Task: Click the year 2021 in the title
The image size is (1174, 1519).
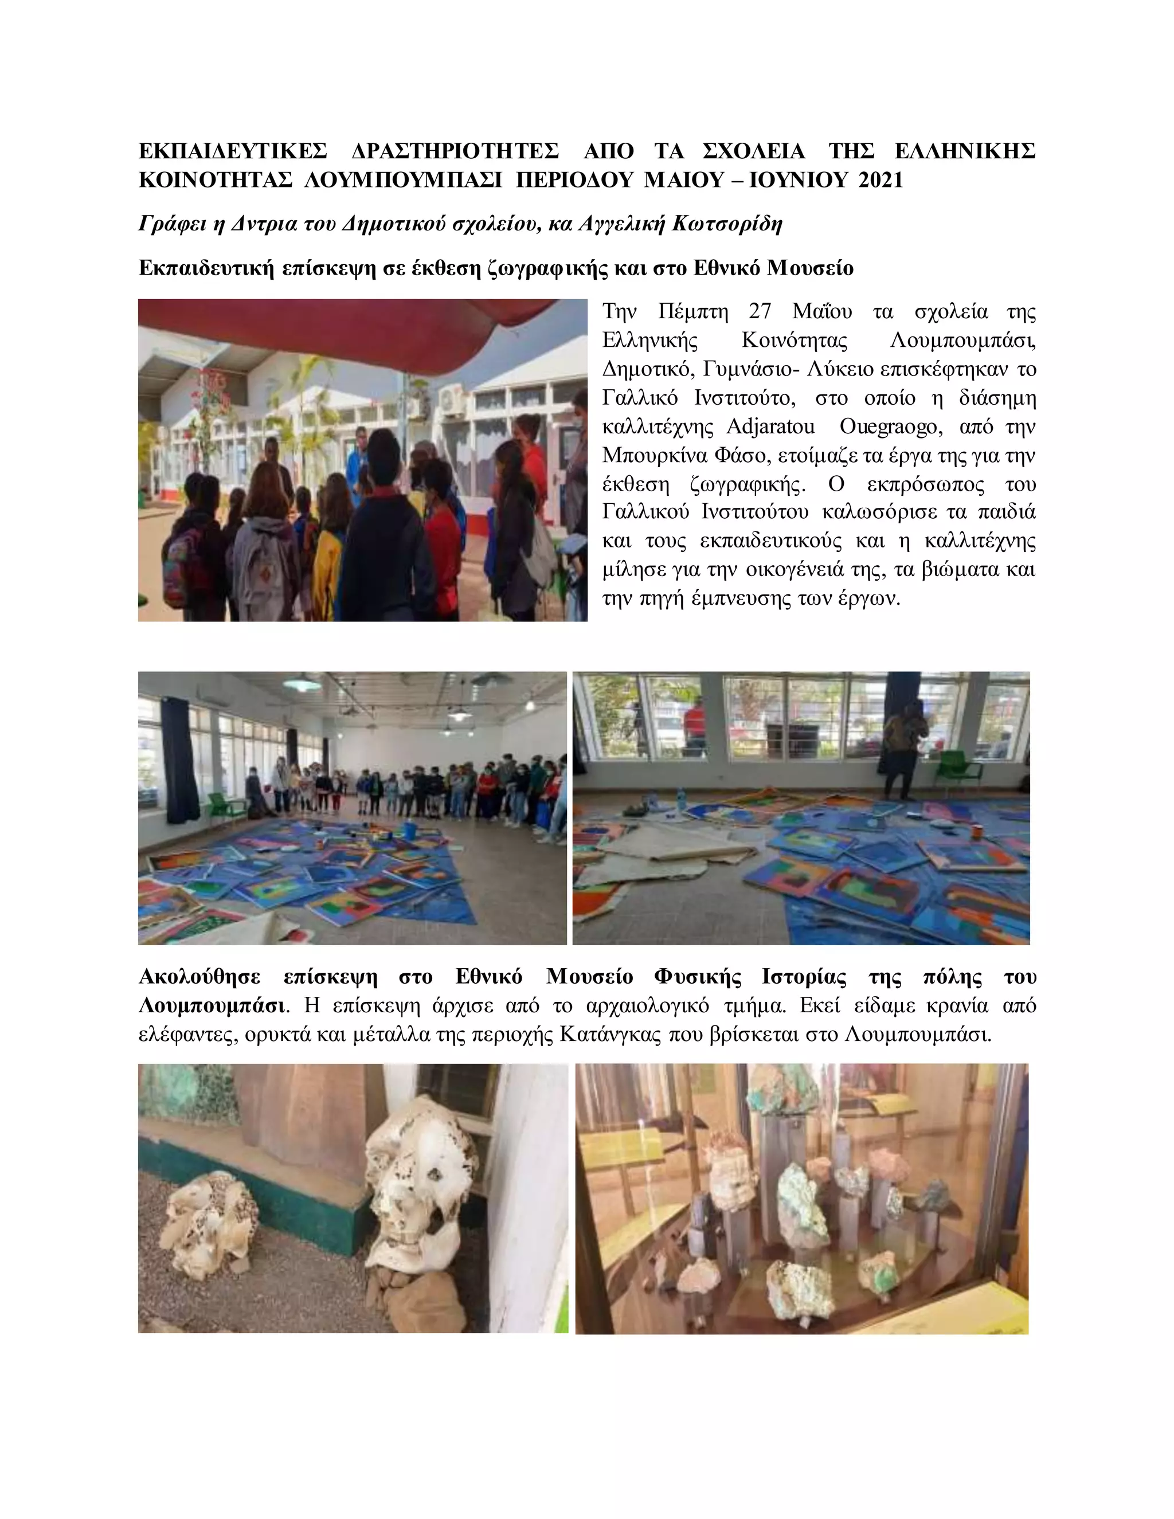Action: pos(880,180)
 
